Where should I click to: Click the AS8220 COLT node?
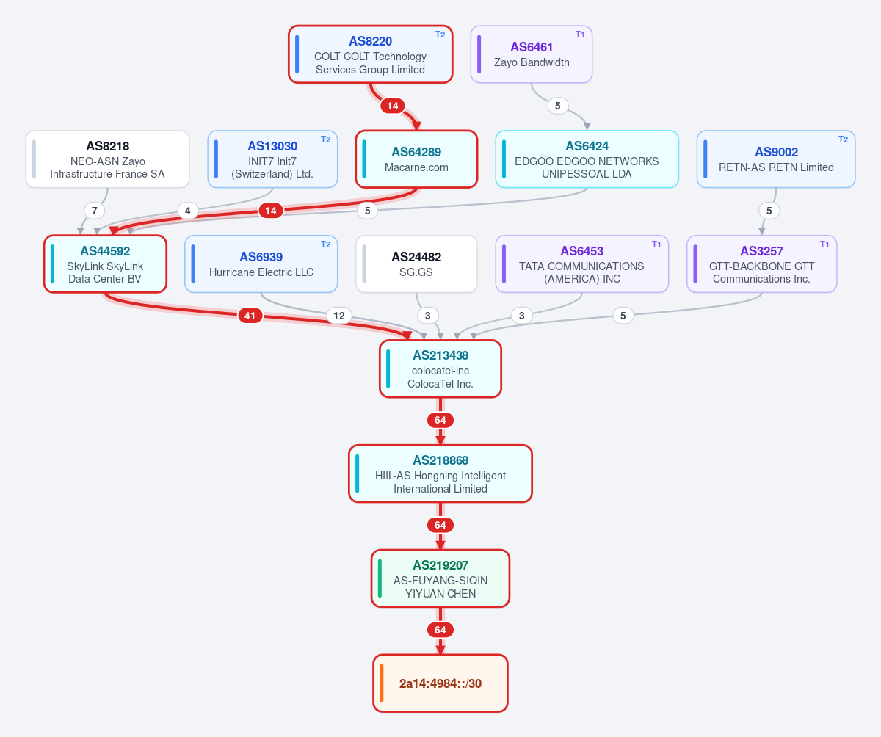tap(371, 54)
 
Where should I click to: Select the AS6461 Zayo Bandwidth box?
tap(532, 54)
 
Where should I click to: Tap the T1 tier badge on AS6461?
tap(580, 35)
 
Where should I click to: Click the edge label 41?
tap(250, 316)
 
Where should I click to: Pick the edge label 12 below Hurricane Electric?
tap(338, 316)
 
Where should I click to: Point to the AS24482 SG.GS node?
tap(416, 264)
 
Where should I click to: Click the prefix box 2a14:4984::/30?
tap(440, 683)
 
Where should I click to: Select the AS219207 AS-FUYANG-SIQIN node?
tap(440, 578)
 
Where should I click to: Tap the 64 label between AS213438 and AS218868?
tap(440, 420)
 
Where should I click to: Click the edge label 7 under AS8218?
tap(95, 211)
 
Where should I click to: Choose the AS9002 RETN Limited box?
tap(776, 159)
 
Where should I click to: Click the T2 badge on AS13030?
tap(325, 139)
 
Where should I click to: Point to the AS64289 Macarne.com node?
tap(416, 159)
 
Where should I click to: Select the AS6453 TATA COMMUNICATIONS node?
tap(582, 264)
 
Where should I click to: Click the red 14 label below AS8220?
tap(392, 106)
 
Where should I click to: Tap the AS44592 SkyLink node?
tap(105, 264)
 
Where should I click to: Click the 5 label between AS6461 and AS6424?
tap(557, 106)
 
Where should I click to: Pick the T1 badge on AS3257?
tap(824, 244)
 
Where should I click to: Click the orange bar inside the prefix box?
tap(382, 683)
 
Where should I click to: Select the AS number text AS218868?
tap(440, 460)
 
